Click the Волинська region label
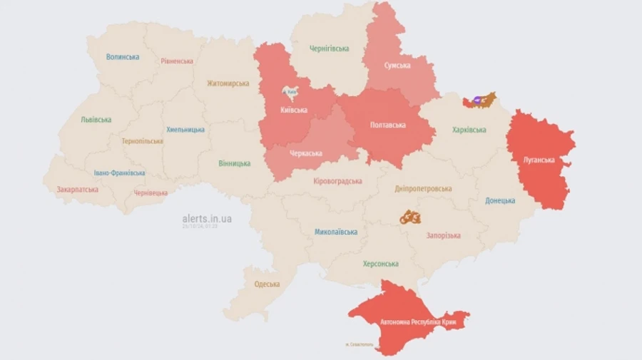123,57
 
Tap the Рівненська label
177,61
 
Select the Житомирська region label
228,83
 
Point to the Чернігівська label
330,48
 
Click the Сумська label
397,66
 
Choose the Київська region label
294,110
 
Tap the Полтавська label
389,125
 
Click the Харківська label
469,130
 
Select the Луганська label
539,160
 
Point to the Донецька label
500,201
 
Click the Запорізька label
444,235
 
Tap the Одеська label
267,284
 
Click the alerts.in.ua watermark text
207,219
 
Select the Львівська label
96,120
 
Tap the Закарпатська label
77,190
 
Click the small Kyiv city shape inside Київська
291,92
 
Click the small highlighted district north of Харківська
479,100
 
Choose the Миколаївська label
337,232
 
